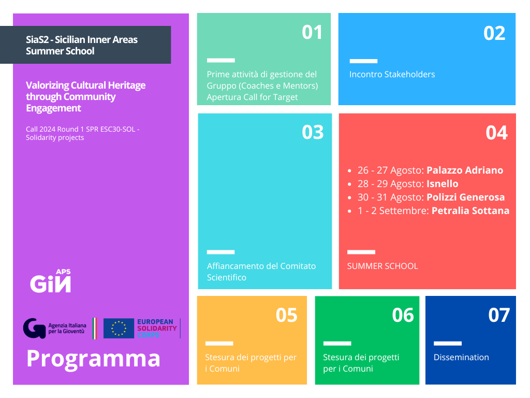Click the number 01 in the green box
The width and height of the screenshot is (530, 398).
pyautogui.click(x=312, y=33)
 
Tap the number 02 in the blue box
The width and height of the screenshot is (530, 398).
pyautogui.click(x=494, y=33)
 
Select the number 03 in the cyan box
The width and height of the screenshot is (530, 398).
pyautogui.click(x=313, y=132)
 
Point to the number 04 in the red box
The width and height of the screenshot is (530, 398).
pyautogui.click(x=496, y=133)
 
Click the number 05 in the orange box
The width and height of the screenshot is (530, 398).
pyautogui.click(x=286, y=315)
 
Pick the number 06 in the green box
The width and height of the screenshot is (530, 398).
pyautogui.click(x=403, y=315)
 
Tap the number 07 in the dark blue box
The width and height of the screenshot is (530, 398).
pyautogui.click(x=499, y=315)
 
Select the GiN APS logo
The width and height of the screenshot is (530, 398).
pyautogui.click(x=50, y=281)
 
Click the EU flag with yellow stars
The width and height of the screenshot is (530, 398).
pyautogui.click(x=119, y=328)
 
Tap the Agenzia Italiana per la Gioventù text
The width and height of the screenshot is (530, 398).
pyautogui.click(x=67, y=328)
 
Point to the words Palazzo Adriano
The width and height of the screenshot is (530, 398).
pyautogui.click(x=465, y=170)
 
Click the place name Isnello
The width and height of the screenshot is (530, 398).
pyautogui.click(x=443, y=184)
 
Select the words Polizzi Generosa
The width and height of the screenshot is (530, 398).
pyautogui.click(x=465, y=197)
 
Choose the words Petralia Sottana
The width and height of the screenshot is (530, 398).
pyautogui.click(x=470, y=211)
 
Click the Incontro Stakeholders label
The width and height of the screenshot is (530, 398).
pyautogui.click(x=392, y=75)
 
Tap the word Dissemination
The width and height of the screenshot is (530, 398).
pyautogui.click(x=461, y=358)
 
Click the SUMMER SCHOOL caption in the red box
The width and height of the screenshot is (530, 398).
pyautogui.click(x=382, y=266)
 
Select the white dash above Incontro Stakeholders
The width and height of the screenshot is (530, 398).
pyautogui.click(x=363, y=61)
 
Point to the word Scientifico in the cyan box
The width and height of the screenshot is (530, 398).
pyautogui.click(x=227, y=278)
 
